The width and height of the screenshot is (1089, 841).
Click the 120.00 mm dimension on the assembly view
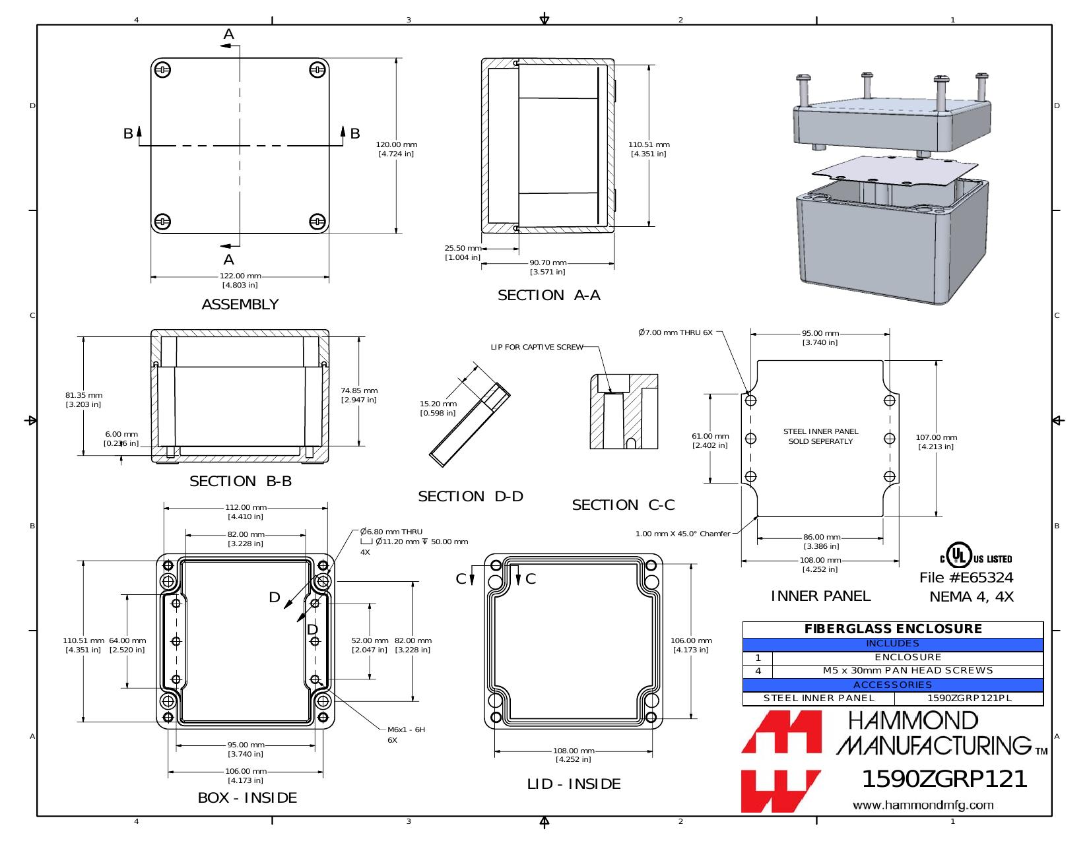click(397, 149)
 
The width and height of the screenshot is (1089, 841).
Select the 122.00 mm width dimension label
click(240, 280)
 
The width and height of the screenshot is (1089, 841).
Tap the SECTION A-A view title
click(548, 295)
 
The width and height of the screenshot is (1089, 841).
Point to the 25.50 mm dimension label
click(463, 253)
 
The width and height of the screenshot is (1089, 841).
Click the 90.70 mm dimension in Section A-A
click(548, 267)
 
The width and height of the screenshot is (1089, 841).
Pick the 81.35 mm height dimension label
click(84, 400)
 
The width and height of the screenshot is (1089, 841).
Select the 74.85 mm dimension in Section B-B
click(359, 395)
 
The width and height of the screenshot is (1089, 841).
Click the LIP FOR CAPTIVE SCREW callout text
click(537, 346)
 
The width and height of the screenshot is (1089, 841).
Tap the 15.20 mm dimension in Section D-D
click(438, 408)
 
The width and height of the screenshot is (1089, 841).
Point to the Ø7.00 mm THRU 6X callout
click(675, 332)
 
